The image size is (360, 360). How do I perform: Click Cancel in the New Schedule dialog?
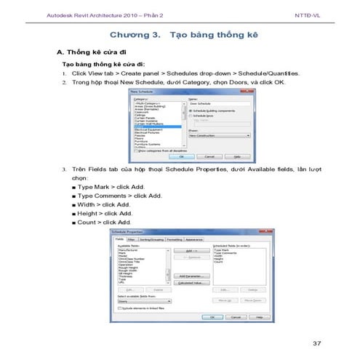pos(209,156)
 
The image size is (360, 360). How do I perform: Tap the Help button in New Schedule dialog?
pos(236,156)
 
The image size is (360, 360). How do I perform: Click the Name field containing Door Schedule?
pos(218,103)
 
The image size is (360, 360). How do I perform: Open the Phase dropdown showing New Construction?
pos(218,135)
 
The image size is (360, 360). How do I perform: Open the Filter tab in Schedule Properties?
pos(131,239)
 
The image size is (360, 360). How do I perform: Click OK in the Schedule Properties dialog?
pos(212,317)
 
